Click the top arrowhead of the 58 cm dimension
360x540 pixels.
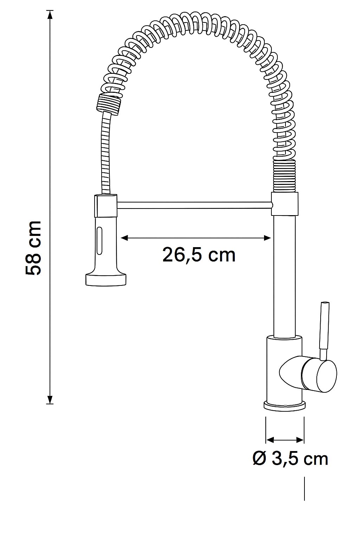[x=50, y=15]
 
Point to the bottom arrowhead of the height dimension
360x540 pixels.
[x=50, y=399]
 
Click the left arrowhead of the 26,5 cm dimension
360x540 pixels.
[x=124, y=238]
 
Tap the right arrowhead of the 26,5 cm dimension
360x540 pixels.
[x=267, y=238]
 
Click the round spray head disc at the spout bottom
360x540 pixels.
[x=106, y=279]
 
